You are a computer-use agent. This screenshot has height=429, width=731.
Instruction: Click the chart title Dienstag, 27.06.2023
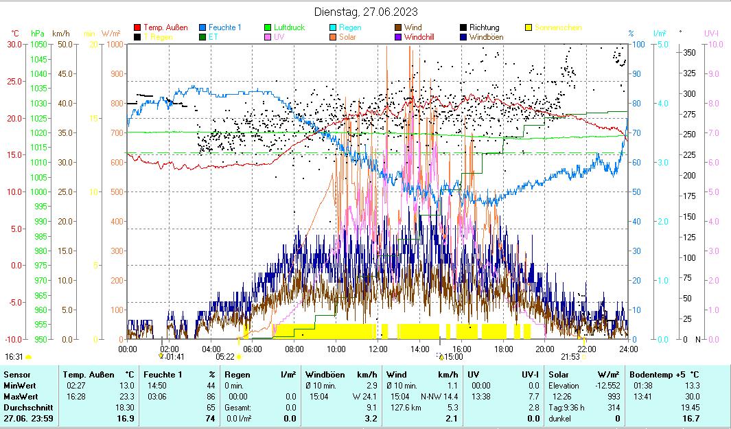point(365,12)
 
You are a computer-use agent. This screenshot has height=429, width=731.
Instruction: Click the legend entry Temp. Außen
point(165,27)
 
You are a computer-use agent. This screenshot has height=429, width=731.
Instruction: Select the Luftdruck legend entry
point(289,27)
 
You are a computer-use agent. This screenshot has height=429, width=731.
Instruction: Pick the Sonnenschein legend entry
point(558,27)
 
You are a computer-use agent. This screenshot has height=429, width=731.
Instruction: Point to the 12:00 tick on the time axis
point(378,349)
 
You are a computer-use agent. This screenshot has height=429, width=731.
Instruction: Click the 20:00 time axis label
point(545,349)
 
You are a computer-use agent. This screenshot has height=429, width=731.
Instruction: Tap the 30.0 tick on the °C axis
point(14,44)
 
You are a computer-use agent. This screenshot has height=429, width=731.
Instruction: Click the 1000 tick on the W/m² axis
point(115,44)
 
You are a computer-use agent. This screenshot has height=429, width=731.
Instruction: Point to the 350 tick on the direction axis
point(690,52)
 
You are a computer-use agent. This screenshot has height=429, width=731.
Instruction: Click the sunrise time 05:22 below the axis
point(225,357)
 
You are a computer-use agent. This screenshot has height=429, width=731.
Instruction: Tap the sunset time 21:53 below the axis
point(570,357)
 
